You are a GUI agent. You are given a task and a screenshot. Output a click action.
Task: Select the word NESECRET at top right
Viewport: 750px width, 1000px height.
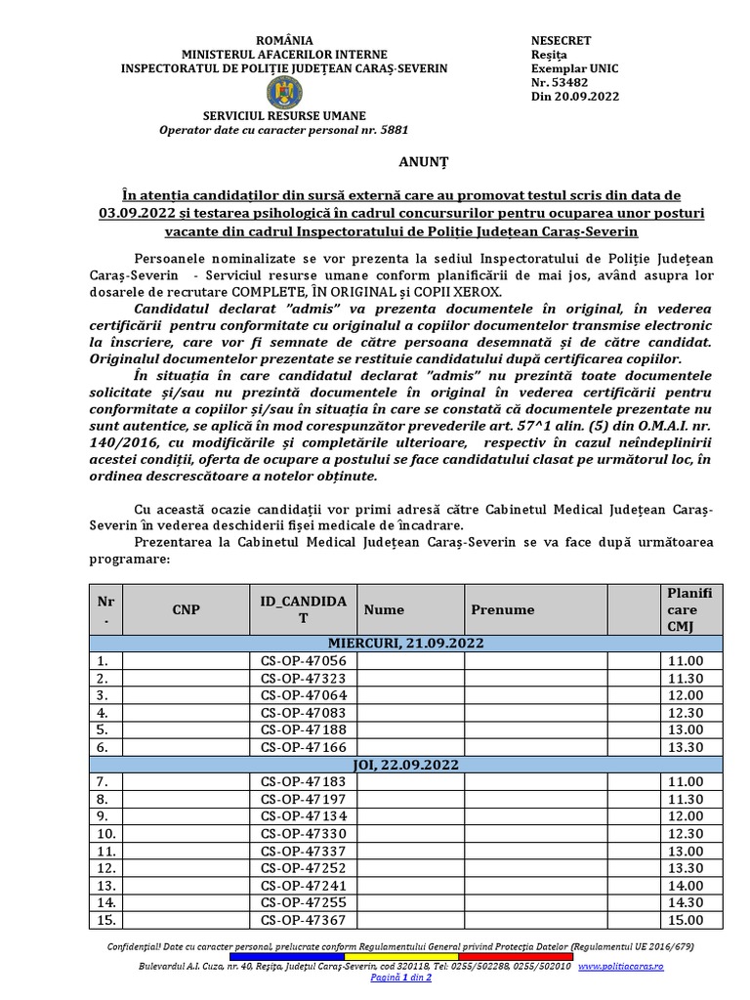click(x=560, y=40)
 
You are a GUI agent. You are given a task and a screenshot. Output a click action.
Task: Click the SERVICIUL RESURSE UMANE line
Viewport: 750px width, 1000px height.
click(x=282, y=114)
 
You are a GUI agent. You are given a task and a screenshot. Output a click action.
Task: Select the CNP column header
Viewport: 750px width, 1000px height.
click(x=186, y=609)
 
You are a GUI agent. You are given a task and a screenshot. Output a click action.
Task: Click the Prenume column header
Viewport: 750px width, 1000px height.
click(x=503, y=609)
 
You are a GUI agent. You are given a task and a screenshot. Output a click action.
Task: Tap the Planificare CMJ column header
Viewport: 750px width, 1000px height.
click(x=689, y=609)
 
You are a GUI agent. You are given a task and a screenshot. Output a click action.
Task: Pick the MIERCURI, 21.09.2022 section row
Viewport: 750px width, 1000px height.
click(x=405, y=643)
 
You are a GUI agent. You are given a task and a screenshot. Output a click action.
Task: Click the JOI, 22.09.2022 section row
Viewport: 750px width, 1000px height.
click(x=405, y=764)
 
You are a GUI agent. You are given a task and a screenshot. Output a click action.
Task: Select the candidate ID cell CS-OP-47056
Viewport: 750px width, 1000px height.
click(x=304, y=660)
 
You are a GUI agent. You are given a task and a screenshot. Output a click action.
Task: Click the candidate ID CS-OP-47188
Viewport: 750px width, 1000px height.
click(x=304, y=729)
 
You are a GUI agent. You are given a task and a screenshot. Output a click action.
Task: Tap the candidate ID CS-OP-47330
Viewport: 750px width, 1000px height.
click(x=304, y=833)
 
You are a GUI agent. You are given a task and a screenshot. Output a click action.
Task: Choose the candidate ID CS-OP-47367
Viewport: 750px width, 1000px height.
click(x=304, y=920)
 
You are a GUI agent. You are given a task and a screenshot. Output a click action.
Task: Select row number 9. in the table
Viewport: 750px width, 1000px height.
click(x=102, y=815)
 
